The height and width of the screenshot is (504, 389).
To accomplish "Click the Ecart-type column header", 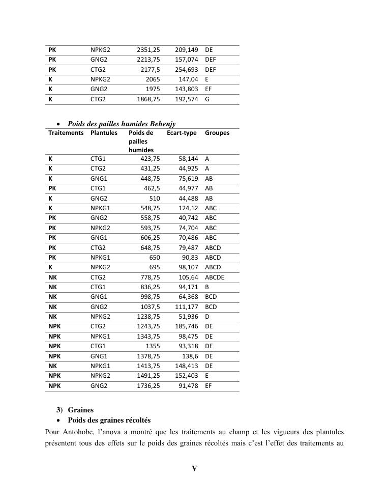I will coord(182,133).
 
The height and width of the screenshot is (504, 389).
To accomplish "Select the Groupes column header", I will coord(217,133).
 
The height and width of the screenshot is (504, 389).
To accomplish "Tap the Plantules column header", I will coord(104,133).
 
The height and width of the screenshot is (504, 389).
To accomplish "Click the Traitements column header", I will coord(66,133).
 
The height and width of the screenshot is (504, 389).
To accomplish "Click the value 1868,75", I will coord(148,99).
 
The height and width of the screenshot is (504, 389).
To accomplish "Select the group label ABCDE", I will coord(215,277).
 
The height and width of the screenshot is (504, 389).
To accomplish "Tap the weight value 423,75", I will coord(151,159).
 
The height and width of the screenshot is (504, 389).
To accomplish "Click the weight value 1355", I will coord(153,346).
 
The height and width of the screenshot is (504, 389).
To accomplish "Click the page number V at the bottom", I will coord(194,469).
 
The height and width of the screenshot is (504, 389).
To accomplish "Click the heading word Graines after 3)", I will coord(81,410).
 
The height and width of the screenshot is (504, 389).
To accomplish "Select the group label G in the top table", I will coord(207,99).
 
